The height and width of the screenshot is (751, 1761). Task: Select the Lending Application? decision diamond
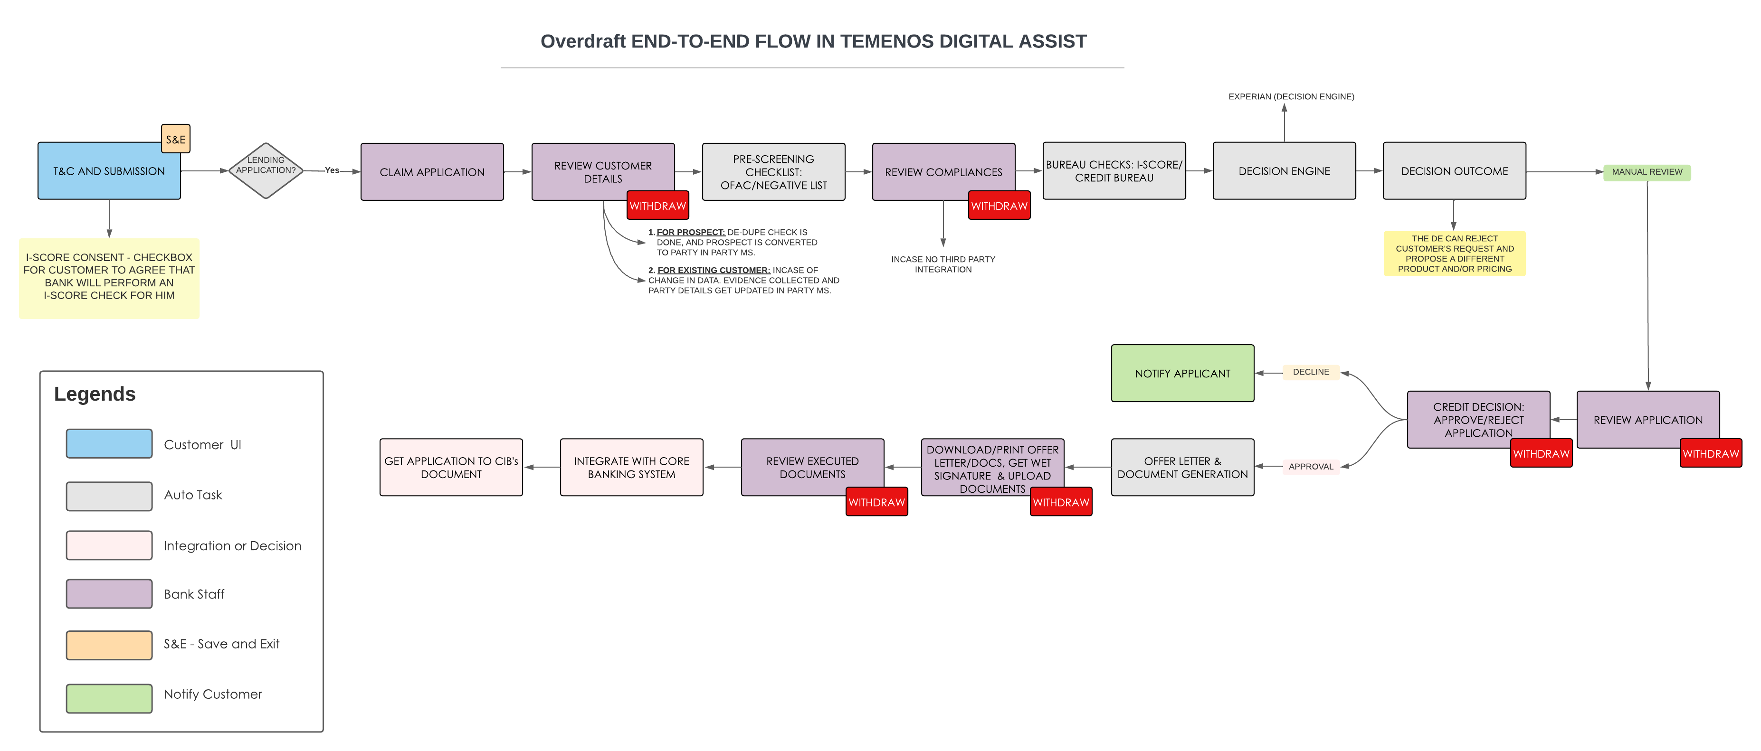click(266, 171)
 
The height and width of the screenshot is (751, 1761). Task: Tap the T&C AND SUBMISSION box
click(109, 171)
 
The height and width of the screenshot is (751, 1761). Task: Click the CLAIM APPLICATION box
click(432, 171)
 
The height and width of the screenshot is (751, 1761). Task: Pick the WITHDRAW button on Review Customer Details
click(657, 206)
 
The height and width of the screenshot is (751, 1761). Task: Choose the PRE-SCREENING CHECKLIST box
click(774, 171)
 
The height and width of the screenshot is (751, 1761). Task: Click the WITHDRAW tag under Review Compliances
click(999, 206)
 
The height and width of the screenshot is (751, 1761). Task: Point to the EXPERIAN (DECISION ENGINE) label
click(1291, 96)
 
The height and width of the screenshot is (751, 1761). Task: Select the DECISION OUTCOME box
click(1455, 171)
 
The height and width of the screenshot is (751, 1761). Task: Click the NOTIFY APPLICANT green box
click(1183, 373)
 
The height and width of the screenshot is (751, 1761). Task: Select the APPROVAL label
click(1311, 467)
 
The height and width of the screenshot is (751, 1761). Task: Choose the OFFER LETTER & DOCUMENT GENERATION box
click(1183, 468)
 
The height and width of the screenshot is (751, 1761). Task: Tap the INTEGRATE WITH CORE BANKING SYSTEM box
click(632, 468)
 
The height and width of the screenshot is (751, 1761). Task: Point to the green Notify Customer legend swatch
click(109, 698)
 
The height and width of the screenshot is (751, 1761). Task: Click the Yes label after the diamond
click(332, 170)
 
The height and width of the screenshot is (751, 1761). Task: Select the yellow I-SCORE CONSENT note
click(109, 278)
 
